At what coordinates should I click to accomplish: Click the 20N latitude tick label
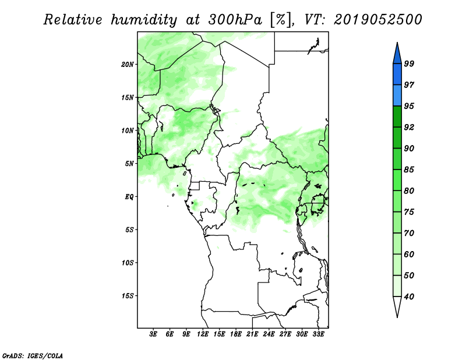(128, 65)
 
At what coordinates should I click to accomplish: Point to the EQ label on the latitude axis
(129, 197)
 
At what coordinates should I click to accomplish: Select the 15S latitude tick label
(128, 296)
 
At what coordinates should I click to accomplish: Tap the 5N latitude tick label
(129, 164)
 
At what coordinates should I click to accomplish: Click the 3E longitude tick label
(153, 334)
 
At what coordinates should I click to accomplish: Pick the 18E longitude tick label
(236, 334)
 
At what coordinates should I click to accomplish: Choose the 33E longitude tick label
(318, 334)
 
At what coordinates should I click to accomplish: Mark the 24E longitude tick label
(269, 334)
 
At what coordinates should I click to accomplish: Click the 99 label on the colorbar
(409, 63)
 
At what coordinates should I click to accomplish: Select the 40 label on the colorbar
(409, 297)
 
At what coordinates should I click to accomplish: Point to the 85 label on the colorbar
(409, 170)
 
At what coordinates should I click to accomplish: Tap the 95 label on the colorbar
(409, 106)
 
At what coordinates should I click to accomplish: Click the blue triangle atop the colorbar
(397, 55)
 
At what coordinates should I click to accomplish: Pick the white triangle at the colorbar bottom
(397, 305)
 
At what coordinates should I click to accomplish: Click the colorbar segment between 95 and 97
(397, 96)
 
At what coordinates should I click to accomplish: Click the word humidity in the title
(144, 20)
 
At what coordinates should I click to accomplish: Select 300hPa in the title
(235, 20)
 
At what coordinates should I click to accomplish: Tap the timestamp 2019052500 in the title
(377, 20)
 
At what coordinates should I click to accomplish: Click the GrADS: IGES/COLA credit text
(33, 356)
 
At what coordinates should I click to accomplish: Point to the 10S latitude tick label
(128, 263)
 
